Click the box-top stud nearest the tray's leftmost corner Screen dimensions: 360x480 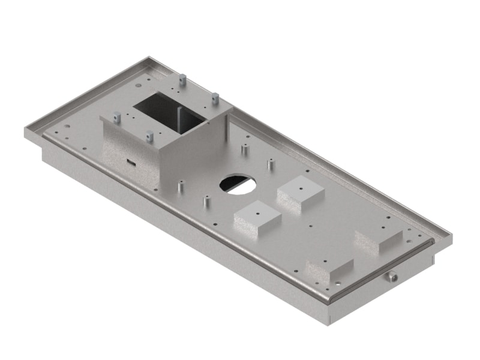pos(118,116)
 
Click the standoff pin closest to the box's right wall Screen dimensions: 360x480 pos(245,148)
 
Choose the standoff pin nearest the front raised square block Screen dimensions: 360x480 pos(207,202)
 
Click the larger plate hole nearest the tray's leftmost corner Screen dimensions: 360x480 pos(66,127)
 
